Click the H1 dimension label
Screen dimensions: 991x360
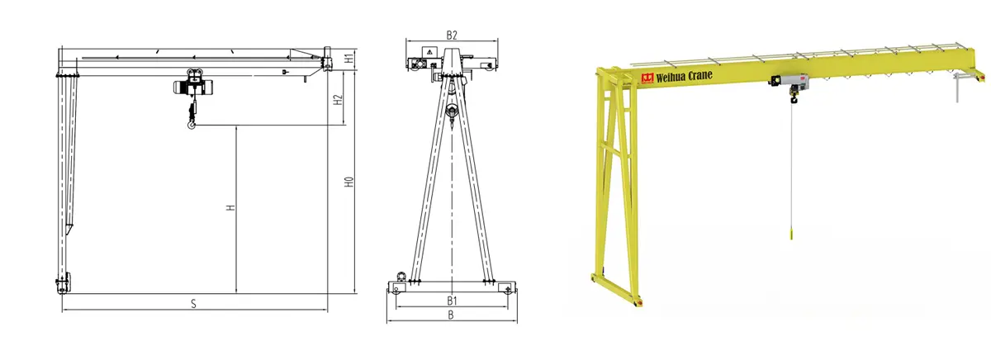349,58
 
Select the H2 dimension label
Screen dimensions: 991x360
338,100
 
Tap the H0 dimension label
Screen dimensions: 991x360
349,182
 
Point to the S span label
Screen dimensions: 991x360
193,304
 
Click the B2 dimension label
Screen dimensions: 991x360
451,36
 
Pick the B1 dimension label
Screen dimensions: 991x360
451,301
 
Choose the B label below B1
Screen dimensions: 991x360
451,315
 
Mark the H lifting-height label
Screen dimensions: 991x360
230,207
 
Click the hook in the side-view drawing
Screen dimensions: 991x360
191,126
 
